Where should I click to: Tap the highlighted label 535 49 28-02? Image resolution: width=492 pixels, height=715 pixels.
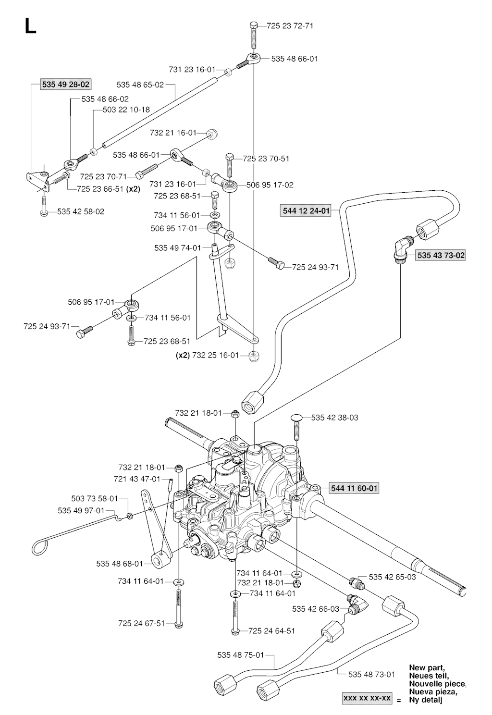click(66, 85)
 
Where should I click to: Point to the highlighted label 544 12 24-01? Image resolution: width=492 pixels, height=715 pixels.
click(306, 210)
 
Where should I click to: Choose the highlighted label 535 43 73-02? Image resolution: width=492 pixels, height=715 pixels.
click(441, 255)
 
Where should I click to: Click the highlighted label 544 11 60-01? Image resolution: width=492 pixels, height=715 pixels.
click(355, 489)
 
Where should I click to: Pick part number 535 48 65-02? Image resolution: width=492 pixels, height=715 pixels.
click(140, 85)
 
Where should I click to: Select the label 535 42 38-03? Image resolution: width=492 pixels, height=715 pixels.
click(334, 418)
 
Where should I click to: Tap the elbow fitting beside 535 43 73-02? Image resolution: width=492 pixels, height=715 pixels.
click(399, 250)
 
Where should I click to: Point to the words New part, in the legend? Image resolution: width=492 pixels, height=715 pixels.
click(427, 667)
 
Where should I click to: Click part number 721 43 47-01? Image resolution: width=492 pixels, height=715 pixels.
click(137, 479)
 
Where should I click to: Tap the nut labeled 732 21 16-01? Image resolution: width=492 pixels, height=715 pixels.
click(211, 133)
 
